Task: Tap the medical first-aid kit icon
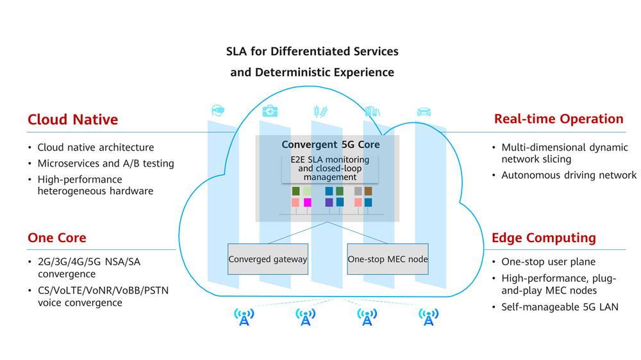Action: coord(270,111)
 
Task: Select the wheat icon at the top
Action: coord(319,111)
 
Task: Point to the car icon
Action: coord(424,111)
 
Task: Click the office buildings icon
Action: coord(372,111)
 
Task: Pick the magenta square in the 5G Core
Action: coord(307,202)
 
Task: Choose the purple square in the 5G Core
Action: coord(329,202)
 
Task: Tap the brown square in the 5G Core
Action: coord(368,191)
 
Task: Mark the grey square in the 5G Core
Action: coord(358,191)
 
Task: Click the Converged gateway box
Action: coord(267,259)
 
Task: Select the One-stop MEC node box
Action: coord(388,259)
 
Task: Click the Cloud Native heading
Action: coord(72,120)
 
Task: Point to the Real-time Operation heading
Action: coord(558,119)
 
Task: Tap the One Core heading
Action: coord(56,238)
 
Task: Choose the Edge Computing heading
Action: coord(544,238)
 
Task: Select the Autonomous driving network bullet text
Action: coord(569,175)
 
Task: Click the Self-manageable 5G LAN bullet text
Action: coord(560,307)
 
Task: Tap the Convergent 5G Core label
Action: coord(331,145)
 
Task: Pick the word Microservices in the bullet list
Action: coord(68,163)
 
